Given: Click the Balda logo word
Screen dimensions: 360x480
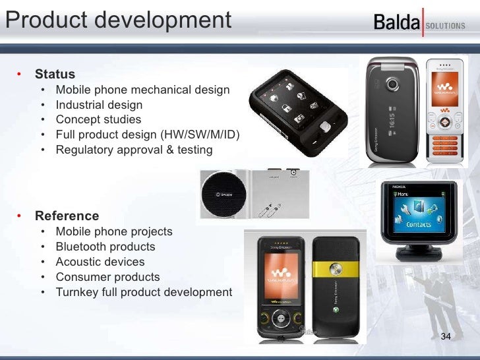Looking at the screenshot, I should pos(396,24).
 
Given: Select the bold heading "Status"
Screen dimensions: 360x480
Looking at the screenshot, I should pos(55,75).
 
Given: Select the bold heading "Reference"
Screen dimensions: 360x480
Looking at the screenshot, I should pos(67,216).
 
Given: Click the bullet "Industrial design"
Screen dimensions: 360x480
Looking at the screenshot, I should pos(98,104).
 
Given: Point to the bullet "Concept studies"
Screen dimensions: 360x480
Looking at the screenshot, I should pos(98,119).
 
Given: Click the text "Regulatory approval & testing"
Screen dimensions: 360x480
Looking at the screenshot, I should pos(134,150).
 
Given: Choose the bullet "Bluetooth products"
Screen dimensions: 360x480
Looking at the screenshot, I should pos(105,247).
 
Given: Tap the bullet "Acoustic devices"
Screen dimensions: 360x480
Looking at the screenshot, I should pos(100,262).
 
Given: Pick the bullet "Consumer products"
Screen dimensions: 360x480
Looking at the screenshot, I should pos(107,277).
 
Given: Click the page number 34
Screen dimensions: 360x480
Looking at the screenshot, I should pos(445,338).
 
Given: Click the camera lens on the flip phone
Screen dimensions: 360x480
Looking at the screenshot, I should pos(394,85).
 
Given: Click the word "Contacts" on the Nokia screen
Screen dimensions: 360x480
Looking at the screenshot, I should pos(418,224).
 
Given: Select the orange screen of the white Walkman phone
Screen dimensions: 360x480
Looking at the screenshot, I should pos(442,90).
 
